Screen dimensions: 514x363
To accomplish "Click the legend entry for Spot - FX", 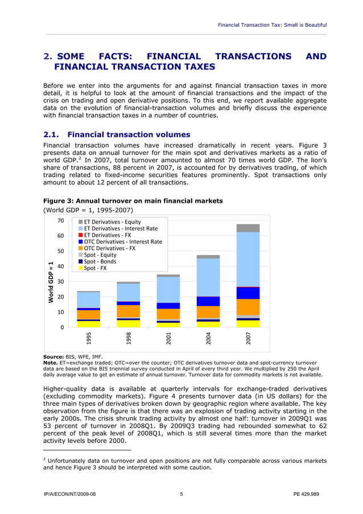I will (x=95, y=268).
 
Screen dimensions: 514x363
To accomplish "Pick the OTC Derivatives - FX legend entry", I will (x=109, y=248).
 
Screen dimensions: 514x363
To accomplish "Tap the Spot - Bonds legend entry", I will (x=100, y=261).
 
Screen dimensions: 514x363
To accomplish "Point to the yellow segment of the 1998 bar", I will (x=129, y=324).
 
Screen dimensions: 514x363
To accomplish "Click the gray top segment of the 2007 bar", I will (x=248, y=228).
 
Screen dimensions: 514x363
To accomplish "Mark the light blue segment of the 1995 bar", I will (x=89, y=300).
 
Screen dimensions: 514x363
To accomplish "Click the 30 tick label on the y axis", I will (x=60, y=281).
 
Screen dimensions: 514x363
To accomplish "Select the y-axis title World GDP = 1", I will (x=51, y=282).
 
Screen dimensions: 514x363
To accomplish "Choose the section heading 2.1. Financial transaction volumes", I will (x=117, y=135).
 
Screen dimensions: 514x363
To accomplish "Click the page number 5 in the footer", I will (x=181, y=494).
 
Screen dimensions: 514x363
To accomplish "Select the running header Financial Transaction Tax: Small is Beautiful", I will (x=273, y=24).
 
